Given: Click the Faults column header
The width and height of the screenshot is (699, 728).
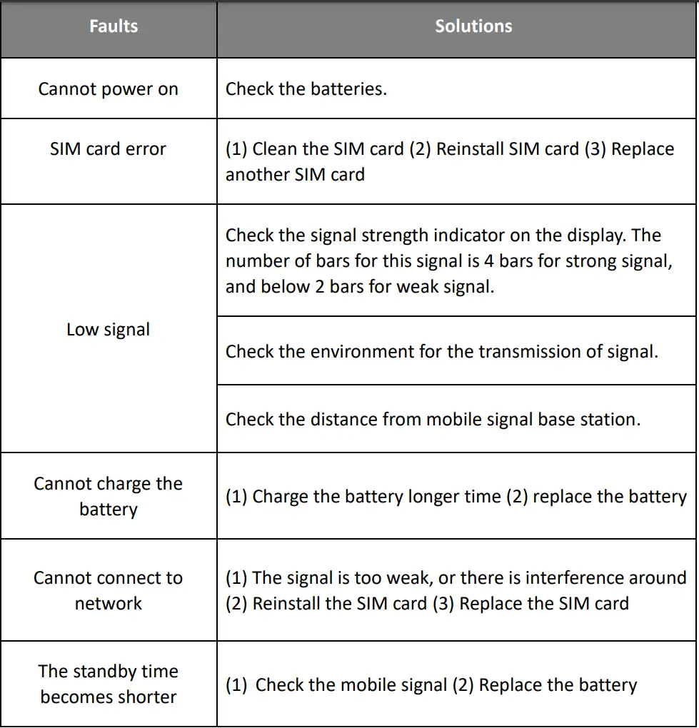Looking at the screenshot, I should tap(114, 26).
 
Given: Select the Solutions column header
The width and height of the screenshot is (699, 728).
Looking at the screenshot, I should tap(473, 26).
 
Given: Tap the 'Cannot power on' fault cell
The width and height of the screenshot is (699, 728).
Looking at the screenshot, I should tap(109, 89).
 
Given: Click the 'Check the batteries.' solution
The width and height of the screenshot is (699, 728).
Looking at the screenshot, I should tap(306, 89).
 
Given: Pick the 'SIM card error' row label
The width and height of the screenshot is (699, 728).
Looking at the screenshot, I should tap(109, 149).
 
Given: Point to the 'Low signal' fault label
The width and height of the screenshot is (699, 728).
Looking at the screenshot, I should tap(109, 330).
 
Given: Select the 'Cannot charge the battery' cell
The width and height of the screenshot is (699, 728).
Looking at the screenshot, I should tap(109, 496).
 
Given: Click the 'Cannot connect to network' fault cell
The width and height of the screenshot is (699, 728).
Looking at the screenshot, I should tap(109, 590).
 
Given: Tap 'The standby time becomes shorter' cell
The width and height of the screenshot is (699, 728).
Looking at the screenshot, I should tap(109, 684).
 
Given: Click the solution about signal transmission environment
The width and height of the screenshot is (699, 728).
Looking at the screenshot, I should tap(441, 351).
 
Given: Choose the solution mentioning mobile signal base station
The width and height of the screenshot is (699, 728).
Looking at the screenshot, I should tap(433, 420).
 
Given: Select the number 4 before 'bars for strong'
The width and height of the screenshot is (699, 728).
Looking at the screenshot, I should tap(489, 261).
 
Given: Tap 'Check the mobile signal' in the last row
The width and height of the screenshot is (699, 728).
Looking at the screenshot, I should tap(351, 685).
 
